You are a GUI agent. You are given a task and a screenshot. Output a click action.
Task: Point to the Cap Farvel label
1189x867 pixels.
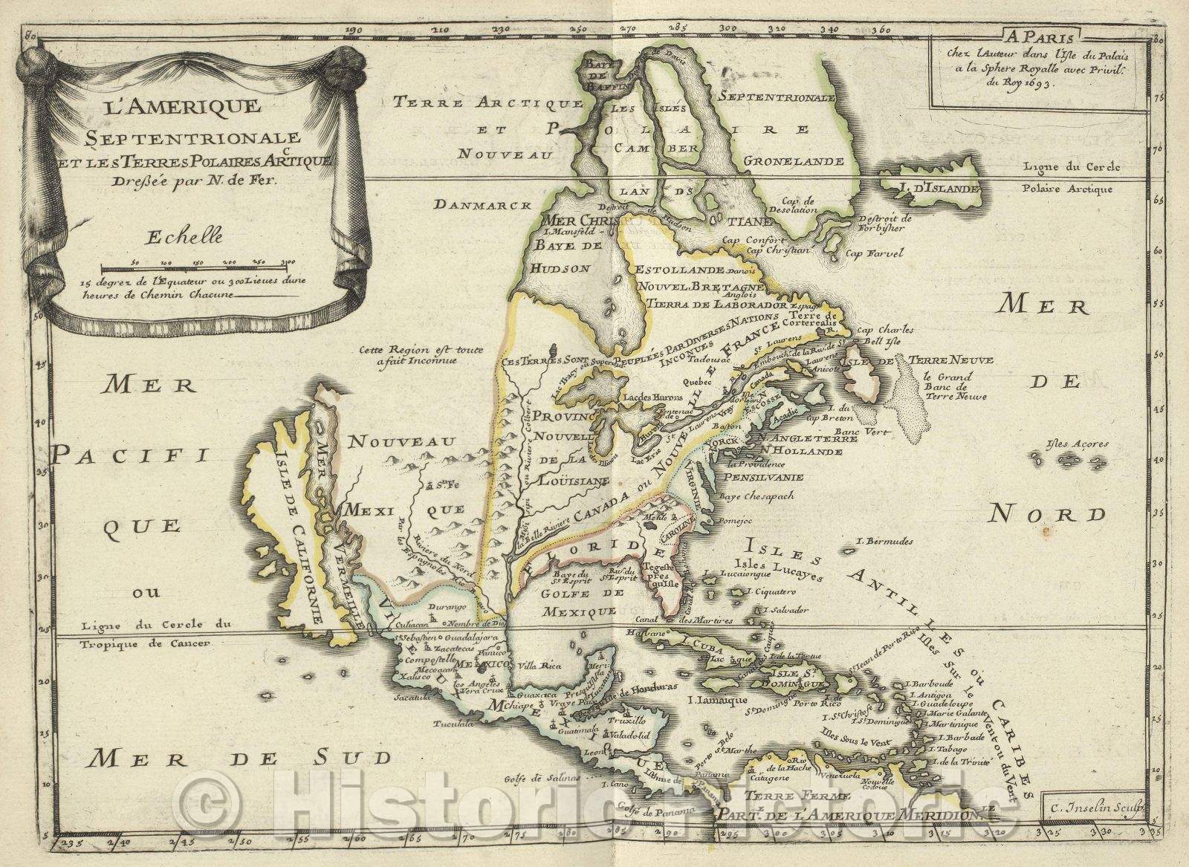tap(875, 253)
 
